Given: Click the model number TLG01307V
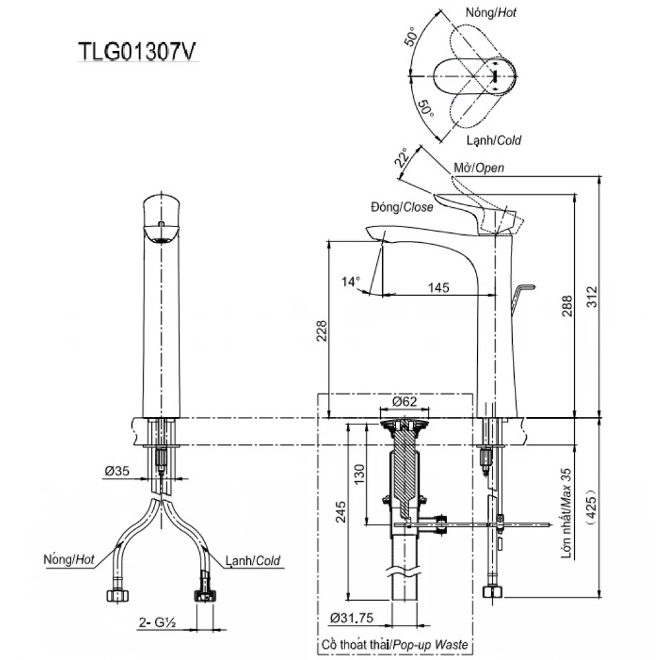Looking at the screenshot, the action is click(138, 51).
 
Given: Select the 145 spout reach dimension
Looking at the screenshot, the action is click(439, 288).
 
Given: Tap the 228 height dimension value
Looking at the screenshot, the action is click(321, 331).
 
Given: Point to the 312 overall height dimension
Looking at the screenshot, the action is click(592, 297).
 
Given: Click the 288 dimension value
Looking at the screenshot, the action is click(567, 306).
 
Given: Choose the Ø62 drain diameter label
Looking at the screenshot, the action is click(405, 401).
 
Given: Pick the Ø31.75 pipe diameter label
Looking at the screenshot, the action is click(352, 618).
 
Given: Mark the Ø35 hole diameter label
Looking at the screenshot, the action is click(117, 471).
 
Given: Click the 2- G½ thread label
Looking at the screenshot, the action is click(157, 622).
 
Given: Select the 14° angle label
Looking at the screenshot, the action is click(350, 281).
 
